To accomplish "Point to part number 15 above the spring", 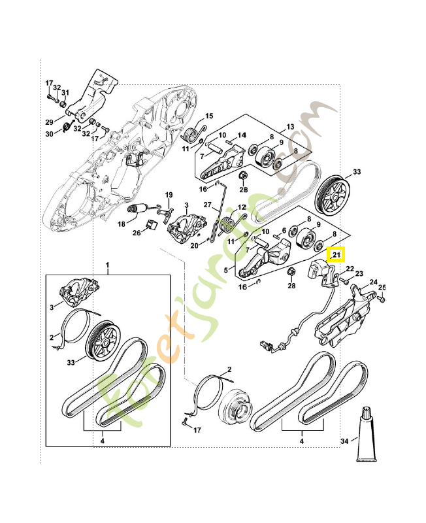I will click(209, 116).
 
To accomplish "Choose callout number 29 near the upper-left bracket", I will click(48, 122).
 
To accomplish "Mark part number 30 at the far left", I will click(48, 134).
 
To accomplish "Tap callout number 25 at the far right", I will click(382, 287).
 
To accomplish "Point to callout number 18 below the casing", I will click(122, 224).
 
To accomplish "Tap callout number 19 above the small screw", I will click(168, 195).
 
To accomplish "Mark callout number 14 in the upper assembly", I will click(242, 135).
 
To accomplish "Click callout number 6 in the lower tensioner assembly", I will click(284, 230).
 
